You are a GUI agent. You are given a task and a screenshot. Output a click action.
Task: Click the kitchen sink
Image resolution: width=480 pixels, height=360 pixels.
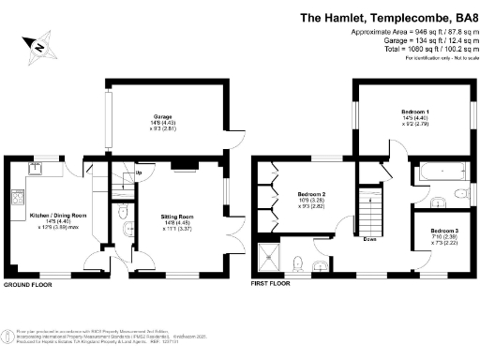pyautogui.click(x=38, y=168)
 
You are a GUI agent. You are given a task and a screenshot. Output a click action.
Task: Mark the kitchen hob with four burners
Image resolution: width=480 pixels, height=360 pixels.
pyautogui.click(x=16, y=198)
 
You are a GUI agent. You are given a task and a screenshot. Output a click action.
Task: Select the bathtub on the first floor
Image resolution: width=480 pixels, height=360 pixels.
pyautogui.click(x=435, y=171)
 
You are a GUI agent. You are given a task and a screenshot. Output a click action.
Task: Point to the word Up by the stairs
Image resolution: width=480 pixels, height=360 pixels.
pyautogui.click(x=114, y=172)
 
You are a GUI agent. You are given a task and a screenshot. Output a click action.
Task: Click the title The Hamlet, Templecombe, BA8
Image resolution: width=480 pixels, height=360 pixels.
pyautogui.click(x=385, y=17)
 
